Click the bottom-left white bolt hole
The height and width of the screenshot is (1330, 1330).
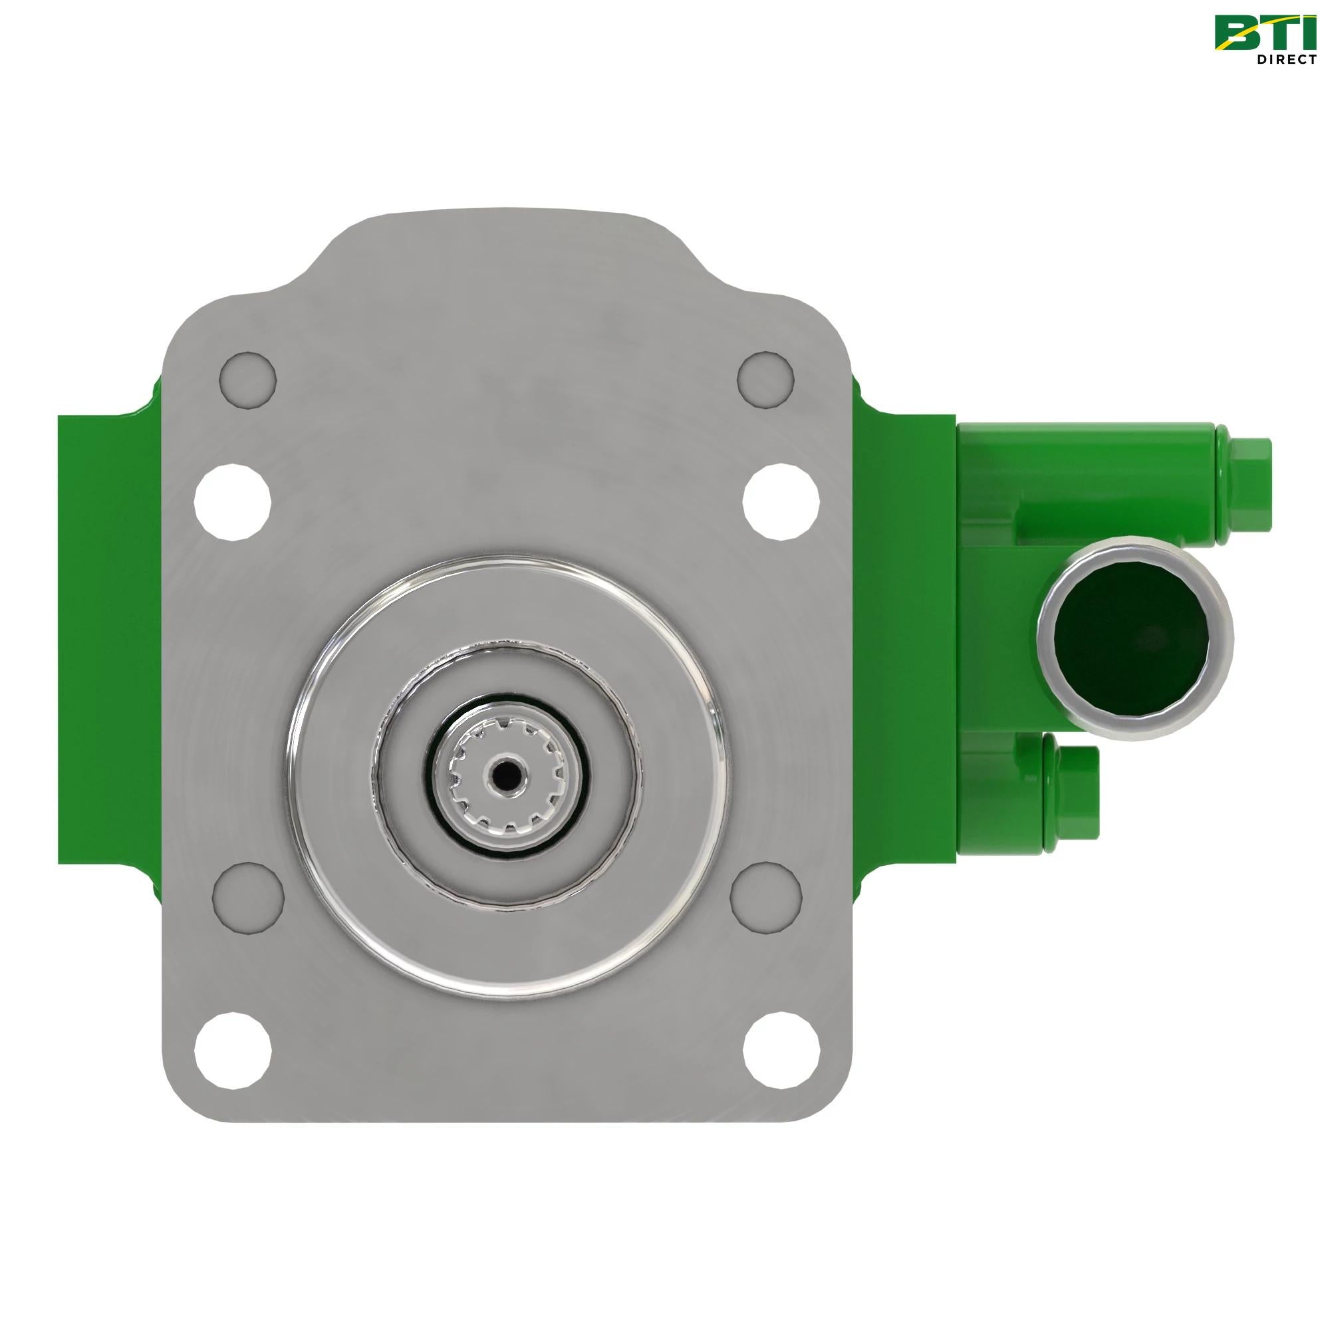pos(233,1052)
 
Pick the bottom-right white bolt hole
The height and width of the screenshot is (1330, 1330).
pos(781,1052)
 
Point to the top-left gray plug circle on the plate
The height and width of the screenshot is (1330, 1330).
pos(248,379)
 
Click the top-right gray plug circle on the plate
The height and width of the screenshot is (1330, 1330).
pos(765,379)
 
